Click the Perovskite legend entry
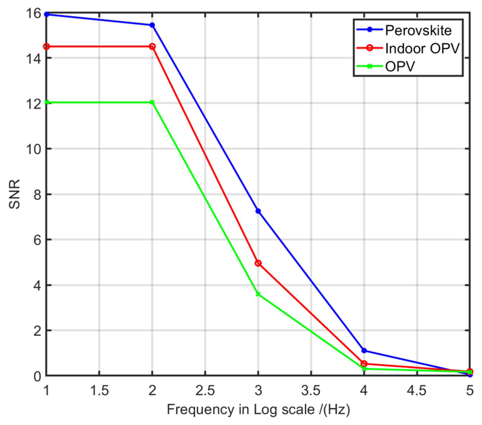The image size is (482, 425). pyautogui.click(x=418, y=30)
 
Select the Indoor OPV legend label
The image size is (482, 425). pyautogui.click(x=422, y=48)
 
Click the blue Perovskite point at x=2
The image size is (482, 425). pyautogui.click(x=152, y=25)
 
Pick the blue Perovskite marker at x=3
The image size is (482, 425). pyautogui.click(x=258, y=211)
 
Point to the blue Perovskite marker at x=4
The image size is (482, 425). pyautogui.click(x=364, y=350)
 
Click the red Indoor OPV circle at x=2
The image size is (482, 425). pyautogui.click(x=152, y=47)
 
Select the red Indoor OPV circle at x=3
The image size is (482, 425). pyautogui.click(x=258, y=263)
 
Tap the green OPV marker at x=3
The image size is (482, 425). pyautogui.click(x=258, y=294)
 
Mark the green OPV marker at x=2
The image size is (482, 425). pyautogui.click(x=152, y=102)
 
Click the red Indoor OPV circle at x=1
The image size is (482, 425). pyautogui.click(x=47, y=47)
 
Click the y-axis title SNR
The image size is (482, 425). pyautogui.click(x=15, y=194)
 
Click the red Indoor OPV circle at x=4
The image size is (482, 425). pyautogui.click(x=364, y=364)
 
